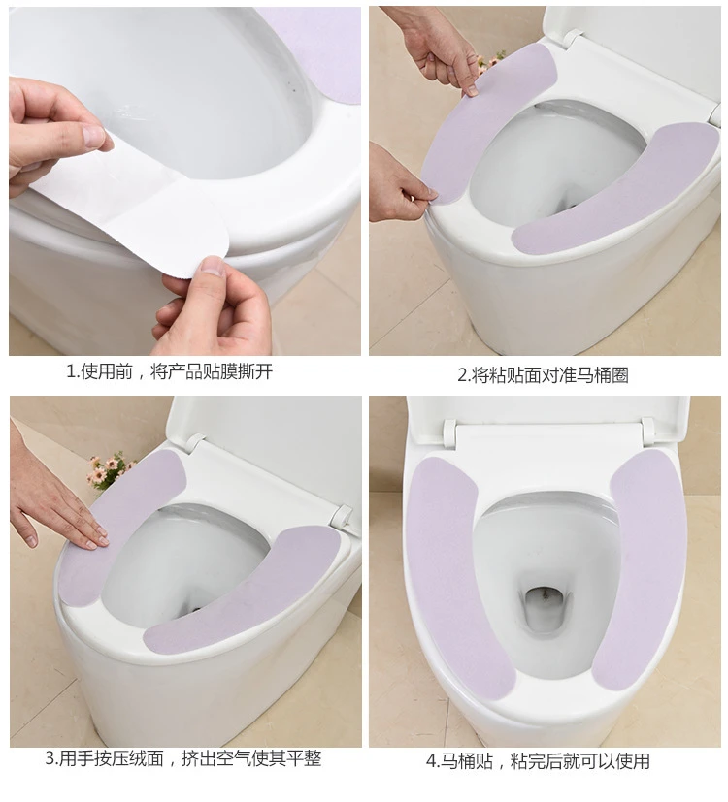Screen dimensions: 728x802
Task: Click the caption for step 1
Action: pyautogui.click(x=169, y=371)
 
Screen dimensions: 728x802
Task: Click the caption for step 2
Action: pyautogui.click(x=543, y=375)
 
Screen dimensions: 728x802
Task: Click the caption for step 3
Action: pyautogui.click(x=183, y=758)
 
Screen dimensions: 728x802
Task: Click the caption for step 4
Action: pyautogui.click(x=538, y=761)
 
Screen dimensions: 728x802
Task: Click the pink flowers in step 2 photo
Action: pyautogui.click(x=490, y=62)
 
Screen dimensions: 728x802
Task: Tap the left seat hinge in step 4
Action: pyautogui.click(x=450, y=433)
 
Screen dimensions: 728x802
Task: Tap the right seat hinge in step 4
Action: pyautogui.click(x=647, y=430)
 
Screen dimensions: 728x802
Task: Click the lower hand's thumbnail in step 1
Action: pyautogui.click(x=213, y=267)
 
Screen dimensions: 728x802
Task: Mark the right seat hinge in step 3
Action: pyautogui.click(x=342, y=517)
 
